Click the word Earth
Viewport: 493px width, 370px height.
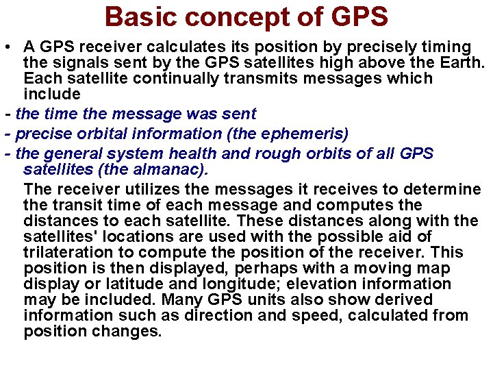point(459,63)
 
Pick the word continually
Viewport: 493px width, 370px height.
point(175,78)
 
